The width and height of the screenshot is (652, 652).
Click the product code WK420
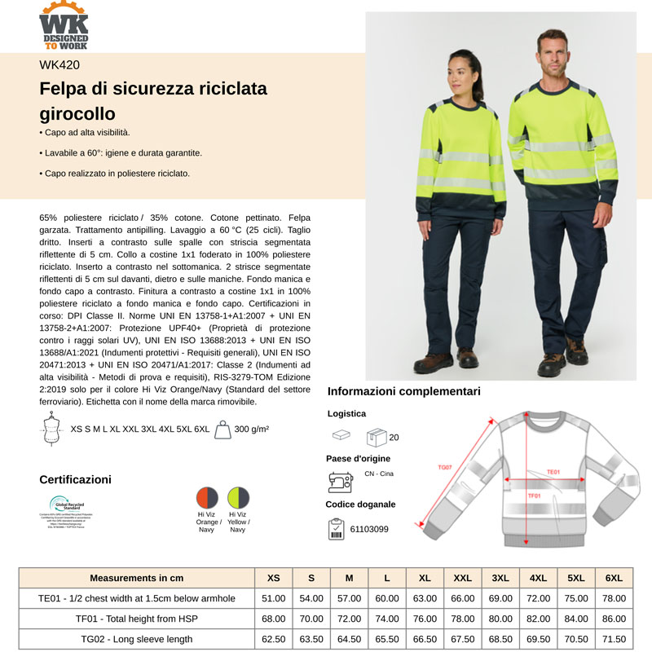tap(59, 66)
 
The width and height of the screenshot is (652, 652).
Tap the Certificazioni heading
tap(76, 479)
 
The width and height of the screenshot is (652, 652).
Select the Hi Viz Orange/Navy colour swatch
tap(208, 498)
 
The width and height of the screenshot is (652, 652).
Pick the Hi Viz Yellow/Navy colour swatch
tap(238, 498)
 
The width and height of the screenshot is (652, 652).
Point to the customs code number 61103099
tap(368, 529)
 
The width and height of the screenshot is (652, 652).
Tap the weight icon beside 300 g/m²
tap(221, 429)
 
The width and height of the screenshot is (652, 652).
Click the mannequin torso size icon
tap(53, 430)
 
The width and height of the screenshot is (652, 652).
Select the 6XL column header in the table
tap(614, 578)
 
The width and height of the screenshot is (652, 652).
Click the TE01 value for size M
tap(349, 598)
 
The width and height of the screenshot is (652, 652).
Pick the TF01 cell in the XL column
tap(425, 619)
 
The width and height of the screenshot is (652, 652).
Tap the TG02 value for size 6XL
tap(614, 639)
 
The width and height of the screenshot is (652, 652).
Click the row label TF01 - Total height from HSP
tap(137, 619)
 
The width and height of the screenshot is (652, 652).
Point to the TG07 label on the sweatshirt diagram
tap(445, 468)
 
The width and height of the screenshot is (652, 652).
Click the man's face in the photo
tap(554, 51)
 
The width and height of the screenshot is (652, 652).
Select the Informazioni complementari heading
tap(403, 391)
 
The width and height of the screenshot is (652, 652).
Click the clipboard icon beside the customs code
tap(337, 528)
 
